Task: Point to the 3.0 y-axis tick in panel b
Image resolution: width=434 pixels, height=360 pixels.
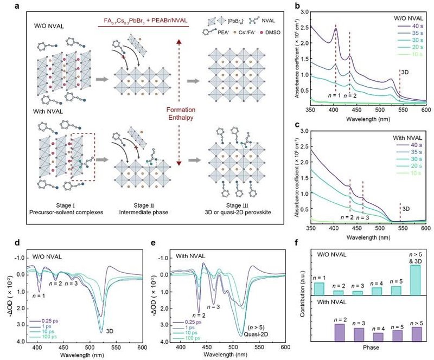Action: click(295, 11)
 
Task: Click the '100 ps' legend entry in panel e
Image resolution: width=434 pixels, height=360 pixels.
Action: click(194, 338)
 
